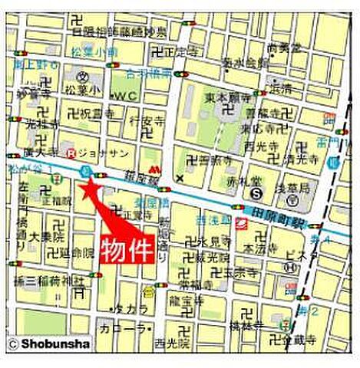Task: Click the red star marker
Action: (91, 187)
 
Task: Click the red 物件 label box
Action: (127, 250)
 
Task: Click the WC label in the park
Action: (124, 94)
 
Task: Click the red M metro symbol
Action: (160, 166)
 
